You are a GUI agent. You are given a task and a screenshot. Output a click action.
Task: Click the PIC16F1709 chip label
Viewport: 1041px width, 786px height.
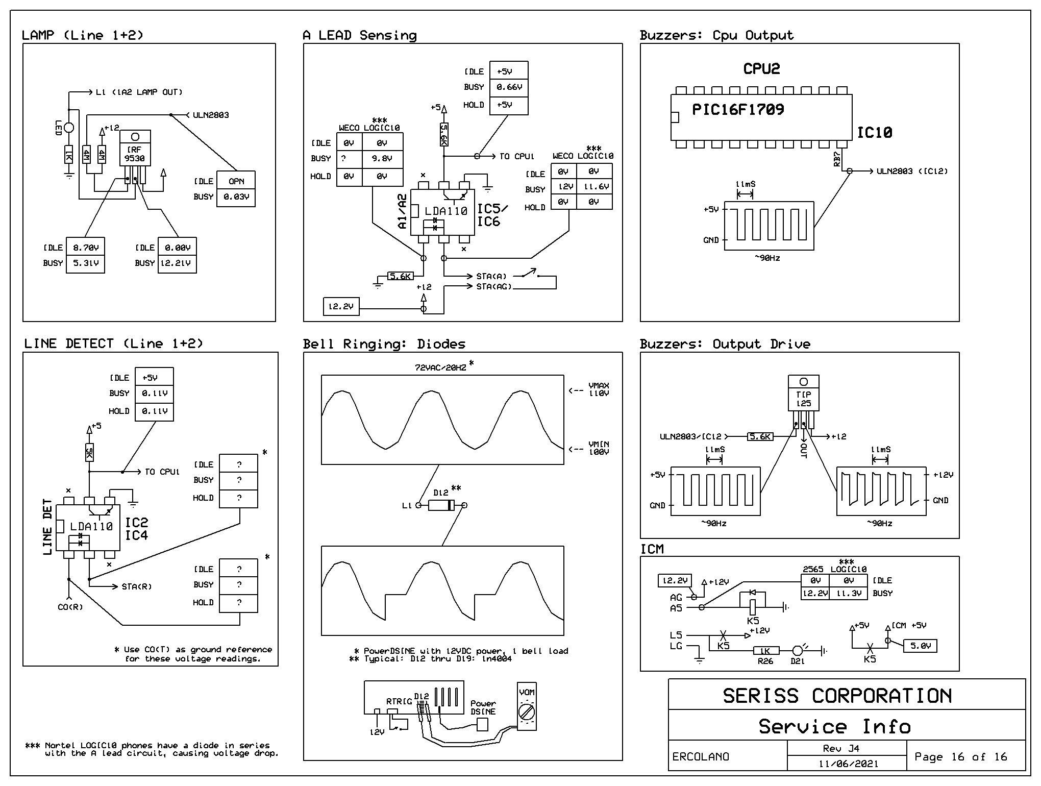coord(738,109)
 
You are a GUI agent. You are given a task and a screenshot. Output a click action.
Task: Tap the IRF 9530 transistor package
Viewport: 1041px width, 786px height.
coord(135,148)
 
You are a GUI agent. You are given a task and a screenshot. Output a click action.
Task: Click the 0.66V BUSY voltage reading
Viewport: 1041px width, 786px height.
coord(509,87)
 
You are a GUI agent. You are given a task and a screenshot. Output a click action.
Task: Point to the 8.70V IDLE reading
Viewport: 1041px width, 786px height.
coord(85,248)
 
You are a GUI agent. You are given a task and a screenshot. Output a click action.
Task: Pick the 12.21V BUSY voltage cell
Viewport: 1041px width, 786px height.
coord(177,263)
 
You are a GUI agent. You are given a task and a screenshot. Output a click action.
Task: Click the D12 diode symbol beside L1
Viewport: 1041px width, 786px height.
coord(441,505)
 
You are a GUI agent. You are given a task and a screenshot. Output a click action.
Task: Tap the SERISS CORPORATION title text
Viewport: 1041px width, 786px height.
coord(837,696)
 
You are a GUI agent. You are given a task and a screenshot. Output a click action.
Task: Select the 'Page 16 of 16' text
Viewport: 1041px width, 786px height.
coord(961,756)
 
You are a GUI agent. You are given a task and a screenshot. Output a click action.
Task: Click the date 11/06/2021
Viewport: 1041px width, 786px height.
coord(849,764)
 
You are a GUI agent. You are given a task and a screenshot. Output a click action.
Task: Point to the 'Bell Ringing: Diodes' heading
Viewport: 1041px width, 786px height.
coord(384,343)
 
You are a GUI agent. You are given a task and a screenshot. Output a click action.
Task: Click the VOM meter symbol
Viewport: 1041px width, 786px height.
coord(527,706)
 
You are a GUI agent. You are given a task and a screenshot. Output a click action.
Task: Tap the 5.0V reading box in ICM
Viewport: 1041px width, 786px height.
coord(920,646)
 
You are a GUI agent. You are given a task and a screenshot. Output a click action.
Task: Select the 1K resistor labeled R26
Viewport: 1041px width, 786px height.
coord(766,651)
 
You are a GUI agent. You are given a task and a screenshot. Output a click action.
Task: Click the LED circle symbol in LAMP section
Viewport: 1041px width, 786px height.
coord(69,128)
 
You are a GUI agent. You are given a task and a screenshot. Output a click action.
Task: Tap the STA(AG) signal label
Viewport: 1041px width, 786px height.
coord(494,286)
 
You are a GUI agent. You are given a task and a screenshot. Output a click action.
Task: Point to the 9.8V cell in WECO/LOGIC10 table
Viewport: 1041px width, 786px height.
coord(382,159)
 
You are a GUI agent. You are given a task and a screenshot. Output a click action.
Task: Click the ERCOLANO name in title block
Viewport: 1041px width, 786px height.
coord(701,757)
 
